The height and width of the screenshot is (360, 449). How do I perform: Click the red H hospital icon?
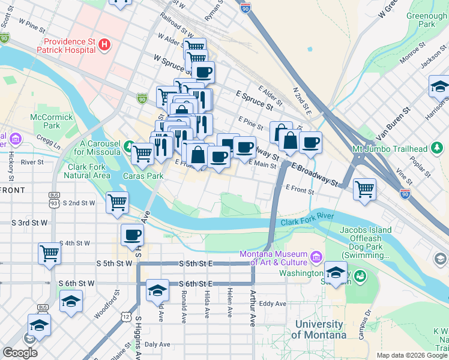[x=106, y=44]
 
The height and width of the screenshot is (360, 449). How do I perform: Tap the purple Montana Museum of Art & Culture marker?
[x=315, y=259]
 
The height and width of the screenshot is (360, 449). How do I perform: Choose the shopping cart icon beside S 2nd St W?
[x=117, y=202]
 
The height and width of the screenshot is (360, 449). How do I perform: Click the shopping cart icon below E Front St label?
[x=364, y=189]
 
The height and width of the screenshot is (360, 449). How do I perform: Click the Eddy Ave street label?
[x=273, y=304]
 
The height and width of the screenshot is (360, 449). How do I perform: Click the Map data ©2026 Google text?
[x=412, y=355]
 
